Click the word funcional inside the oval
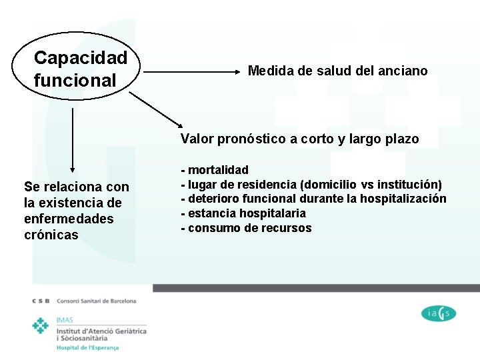click(75, 80)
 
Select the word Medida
click(270, 71)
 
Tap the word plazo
click(401, 139)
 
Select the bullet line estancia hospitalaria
click(243, 213)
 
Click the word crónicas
click(51, 235)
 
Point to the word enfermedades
click(69, 219)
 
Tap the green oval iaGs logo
click(439, 313)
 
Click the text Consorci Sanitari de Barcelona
click(97, 301)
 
